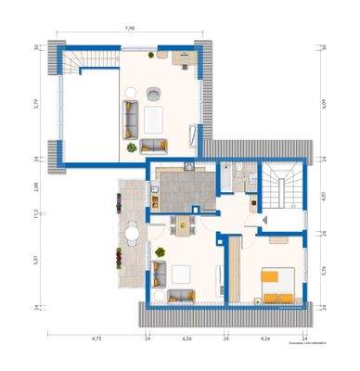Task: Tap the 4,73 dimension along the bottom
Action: pos(96,339)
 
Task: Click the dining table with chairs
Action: pos(183,224)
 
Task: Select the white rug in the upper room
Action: pos(150,119)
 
